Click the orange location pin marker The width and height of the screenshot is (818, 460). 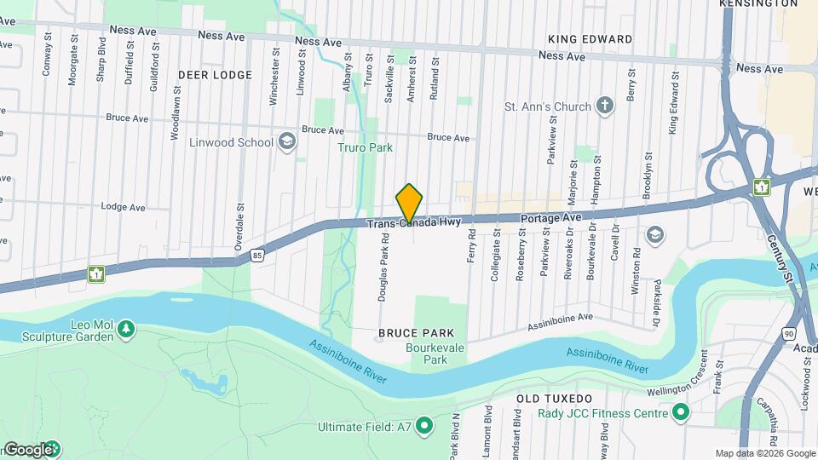pyautogui.click(x=409, y=204)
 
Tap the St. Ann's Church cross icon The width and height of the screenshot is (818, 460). pyautogui.click(x=604, y=106)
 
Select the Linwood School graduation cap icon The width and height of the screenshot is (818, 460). pyautogui.click(x=287, y=141)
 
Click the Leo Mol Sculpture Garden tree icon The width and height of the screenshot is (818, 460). pyautogui.click(x=126, y=328)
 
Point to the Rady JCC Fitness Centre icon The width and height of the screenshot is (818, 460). pyautogui.click(x=680, y=414)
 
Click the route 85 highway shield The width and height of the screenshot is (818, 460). pyautogui.click(x=258, y=254)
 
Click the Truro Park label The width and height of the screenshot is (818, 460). pyautogui.click(x=369, y=147)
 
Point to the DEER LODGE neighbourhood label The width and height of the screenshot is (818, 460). pyautogui.click(x=215, y=75)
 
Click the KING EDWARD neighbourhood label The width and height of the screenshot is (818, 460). pyautogui.click(x=590, y=39)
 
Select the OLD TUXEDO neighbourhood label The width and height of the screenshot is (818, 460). pyautogui.click(x=554, y=398)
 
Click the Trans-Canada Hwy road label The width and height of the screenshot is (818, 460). pyautogui.click(x=413, y=223)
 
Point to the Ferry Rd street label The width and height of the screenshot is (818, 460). pyautogui.click(x=470, y=250)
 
